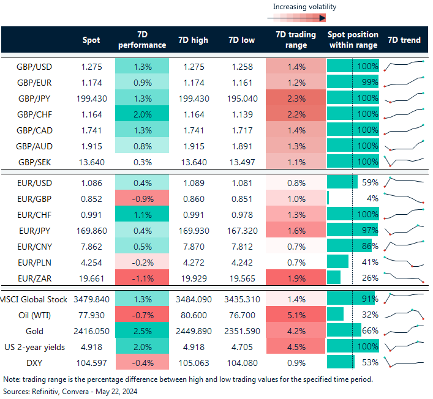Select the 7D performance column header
pos(142,40)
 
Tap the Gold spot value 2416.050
pos(91,330)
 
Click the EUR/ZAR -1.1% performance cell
pos(142,277)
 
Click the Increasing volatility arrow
pos(304,18)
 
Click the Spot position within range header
pos(353,40)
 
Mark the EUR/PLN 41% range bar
pos(338,261)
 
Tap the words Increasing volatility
pos(304,7)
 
